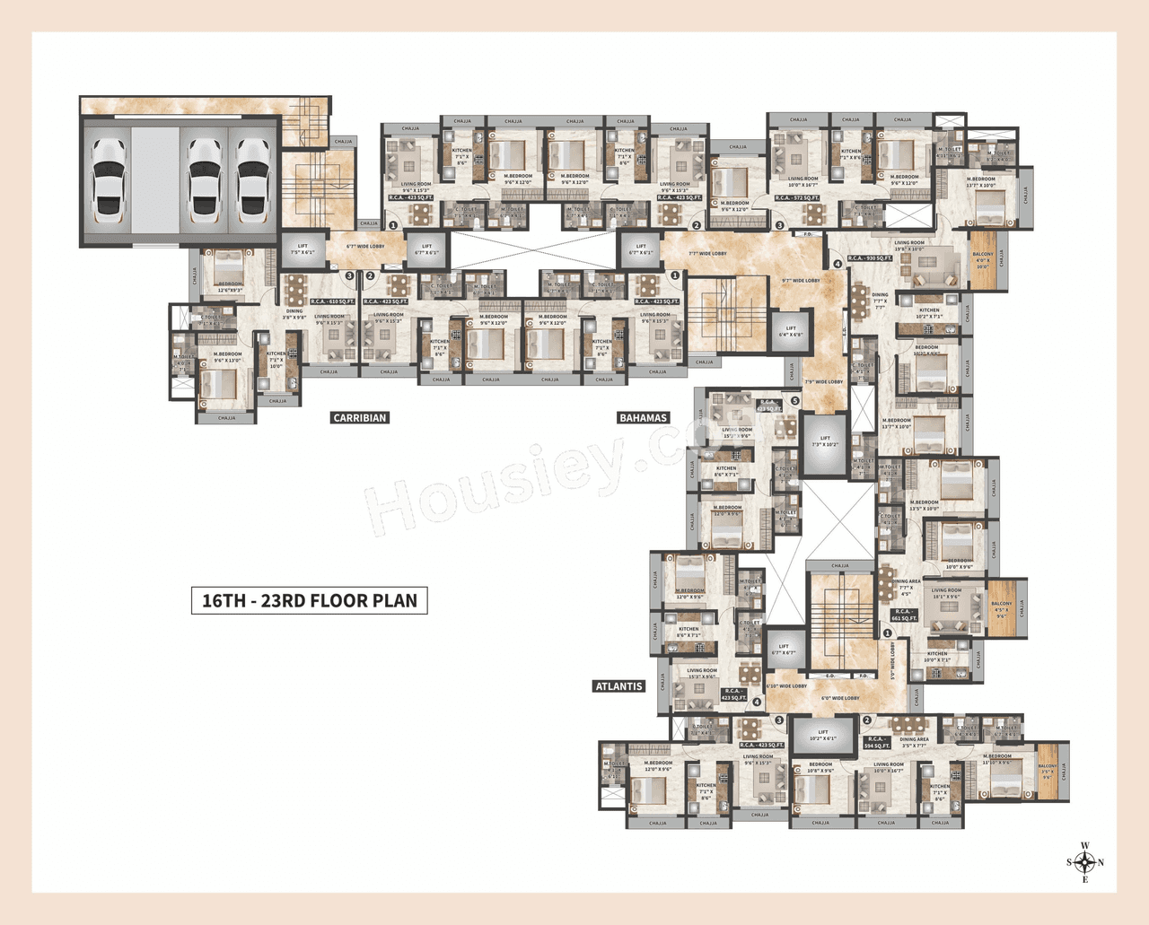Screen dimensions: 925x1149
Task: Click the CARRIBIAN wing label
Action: click(x=359, y=417)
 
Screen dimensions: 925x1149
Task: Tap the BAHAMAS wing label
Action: click(x=643, y=417)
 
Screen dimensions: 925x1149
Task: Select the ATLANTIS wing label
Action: click(x=619, y=686)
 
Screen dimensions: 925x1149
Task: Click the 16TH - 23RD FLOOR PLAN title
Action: click(x=309, y=601)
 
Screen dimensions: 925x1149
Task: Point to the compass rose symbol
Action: click(x=1084, y=863)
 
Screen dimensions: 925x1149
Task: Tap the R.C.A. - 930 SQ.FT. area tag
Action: click(x=870, y=258)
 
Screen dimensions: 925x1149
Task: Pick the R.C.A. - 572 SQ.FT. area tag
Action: click(x=797, y=198)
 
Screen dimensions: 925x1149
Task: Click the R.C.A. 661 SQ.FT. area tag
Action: click(x=905, y=615)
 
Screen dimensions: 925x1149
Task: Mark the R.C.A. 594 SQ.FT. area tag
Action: click(x=877, y=742)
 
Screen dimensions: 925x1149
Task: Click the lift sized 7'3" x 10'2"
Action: click(x=825, y=442)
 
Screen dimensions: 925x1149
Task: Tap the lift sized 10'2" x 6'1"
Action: click(x=823, y=735)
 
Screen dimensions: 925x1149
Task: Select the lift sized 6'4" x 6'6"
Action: click(x=791, y=331)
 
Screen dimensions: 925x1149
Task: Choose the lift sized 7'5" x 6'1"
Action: click(x=303, y=249)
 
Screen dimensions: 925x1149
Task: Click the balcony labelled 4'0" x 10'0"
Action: click(x=983, y=260)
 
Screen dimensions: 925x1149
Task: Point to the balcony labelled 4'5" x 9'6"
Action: click(x=1001, y=609)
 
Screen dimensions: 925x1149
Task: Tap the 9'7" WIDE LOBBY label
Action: click(x=801, y=281)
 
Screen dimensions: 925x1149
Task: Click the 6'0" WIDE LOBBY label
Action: click(x=840, y=698)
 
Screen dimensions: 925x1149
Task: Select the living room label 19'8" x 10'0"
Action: click(x=908, y=246)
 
